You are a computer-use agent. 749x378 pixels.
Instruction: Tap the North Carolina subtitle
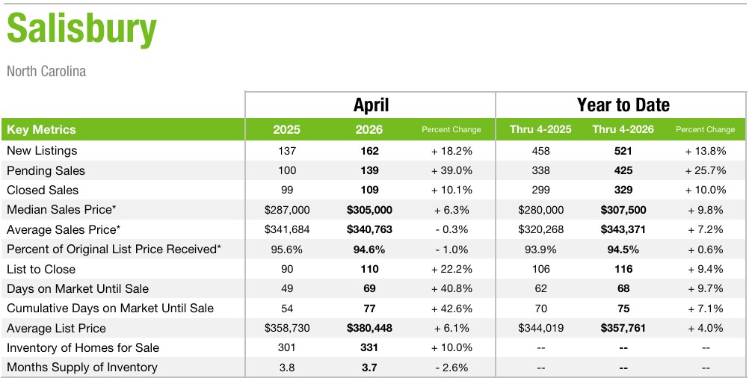[x=46, y=72]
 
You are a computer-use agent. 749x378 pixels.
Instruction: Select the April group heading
[x=371, y=105]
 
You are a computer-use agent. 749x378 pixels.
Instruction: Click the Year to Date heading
[x=623, y=105]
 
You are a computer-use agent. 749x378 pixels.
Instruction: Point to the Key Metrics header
[x=41, y=129]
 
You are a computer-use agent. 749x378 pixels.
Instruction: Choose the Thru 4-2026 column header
[x=623, y=129]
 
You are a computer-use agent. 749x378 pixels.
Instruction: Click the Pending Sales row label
[x=46, y=170]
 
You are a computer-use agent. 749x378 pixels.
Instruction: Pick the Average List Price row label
[x=56, y=328]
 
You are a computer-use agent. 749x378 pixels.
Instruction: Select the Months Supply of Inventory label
[x=81, y=367]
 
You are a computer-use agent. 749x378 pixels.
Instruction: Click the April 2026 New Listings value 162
[x=370, y=151]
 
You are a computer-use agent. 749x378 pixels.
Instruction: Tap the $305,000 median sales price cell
[x=370, y=210]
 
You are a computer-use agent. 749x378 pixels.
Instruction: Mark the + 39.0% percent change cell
[x=451, y=170]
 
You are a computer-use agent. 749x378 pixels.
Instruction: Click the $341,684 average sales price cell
[x=287, y=229]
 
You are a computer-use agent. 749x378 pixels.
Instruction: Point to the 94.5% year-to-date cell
[x=623, y=250]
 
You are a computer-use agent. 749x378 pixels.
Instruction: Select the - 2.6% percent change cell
[x=451, y=368]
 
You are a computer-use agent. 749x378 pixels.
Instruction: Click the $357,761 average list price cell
[x=623, y=329]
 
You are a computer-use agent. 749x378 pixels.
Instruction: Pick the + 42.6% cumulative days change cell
[x=451, y=309]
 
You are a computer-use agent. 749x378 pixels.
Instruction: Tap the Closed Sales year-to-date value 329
[x=623, y=190]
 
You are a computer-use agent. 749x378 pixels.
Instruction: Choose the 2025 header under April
[x=286, y=129]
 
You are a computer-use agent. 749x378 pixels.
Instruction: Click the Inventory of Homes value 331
[x=369, y=347]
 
